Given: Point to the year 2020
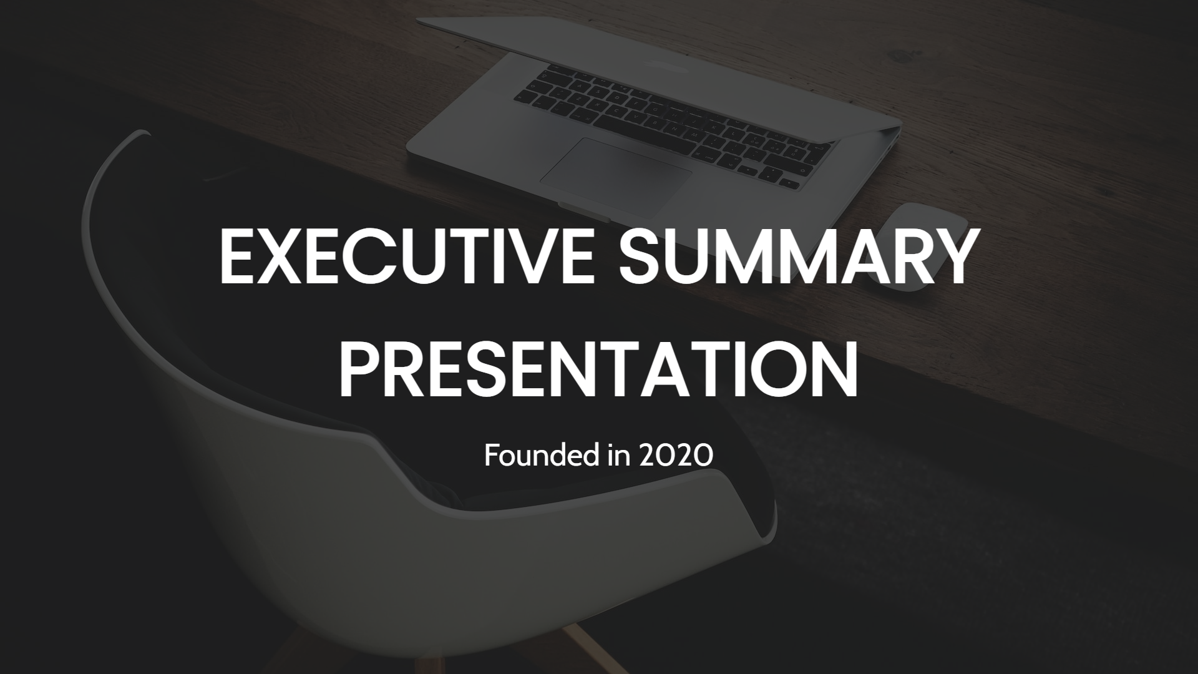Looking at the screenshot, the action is pos(676,457).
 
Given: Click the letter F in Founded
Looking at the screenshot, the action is pos(491,457).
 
